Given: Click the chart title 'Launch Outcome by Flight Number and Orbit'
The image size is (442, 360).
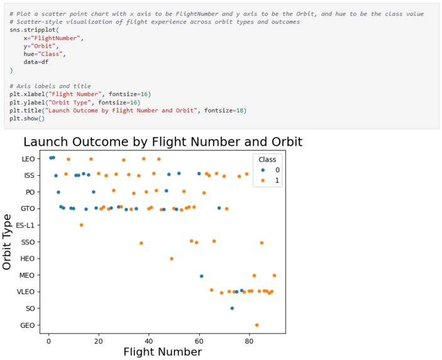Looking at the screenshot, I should click(x=163, y=141).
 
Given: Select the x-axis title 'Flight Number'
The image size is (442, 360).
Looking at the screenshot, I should click(x=162, y=352).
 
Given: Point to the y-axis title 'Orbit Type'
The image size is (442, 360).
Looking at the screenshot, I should click(x=7, y=242).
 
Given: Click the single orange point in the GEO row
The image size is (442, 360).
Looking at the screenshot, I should click(x=257, y=325).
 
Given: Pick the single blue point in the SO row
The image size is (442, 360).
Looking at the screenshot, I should click(x=232, y=308).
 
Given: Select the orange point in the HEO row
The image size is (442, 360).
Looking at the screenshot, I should click(x=172, y=258).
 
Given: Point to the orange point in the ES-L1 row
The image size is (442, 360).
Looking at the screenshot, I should click(x=81, y=225).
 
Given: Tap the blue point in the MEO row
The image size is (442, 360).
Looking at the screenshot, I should click(x=201, y=276).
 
